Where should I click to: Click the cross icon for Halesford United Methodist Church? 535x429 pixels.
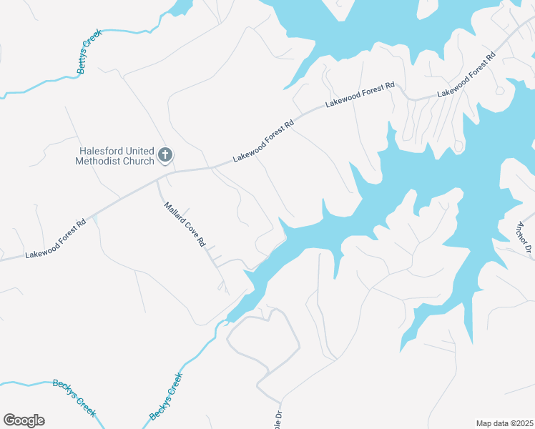[165, 154]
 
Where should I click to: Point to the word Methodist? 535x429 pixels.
[98, 162]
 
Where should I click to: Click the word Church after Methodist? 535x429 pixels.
[139, 162]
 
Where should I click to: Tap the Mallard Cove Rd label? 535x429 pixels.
[185, 224]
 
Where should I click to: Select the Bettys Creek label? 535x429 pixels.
[89, 51]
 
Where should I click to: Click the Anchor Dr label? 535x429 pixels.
[523, 237]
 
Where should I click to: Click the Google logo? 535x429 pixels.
[24, 420]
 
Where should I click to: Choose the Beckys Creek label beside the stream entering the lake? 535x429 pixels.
[166, 396]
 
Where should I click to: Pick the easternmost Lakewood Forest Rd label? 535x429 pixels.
[466, 74]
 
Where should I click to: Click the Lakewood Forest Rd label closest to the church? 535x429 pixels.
[264, 140]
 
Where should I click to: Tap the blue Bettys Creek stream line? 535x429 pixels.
[43, 87]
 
